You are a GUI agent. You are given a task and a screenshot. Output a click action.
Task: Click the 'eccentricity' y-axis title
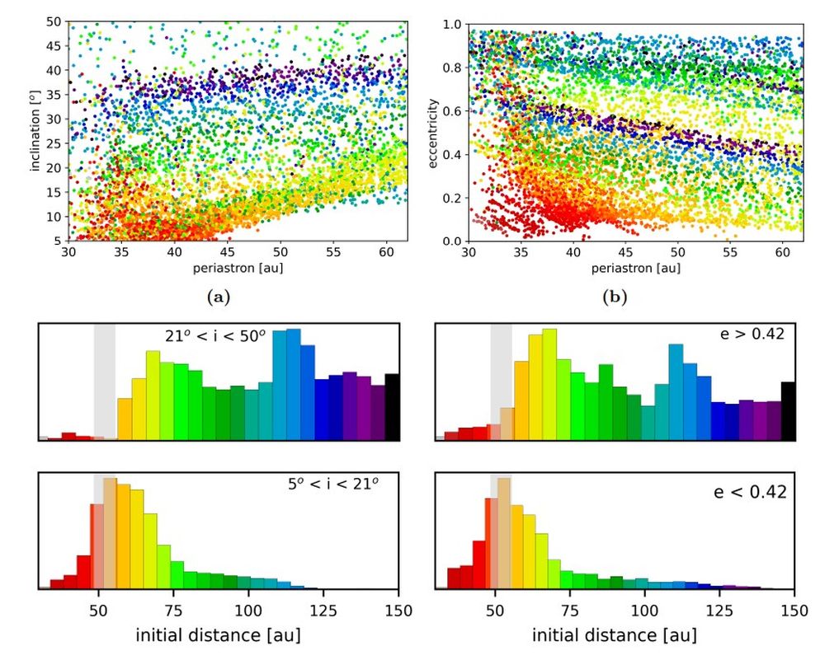click(435, 133)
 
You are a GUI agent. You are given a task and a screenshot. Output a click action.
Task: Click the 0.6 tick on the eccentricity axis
click(453, 111)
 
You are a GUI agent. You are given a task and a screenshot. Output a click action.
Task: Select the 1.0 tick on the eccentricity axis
click(453, 25)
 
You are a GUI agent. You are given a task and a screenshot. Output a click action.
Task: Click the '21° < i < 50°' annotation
click(219, 336)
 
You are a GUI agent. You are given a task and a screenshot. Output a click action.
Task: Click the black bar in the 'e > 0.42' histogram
click(788, 410)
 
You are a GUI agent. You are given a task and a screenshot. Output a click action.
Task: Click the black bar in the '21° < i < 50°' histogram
click(392, 406)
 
